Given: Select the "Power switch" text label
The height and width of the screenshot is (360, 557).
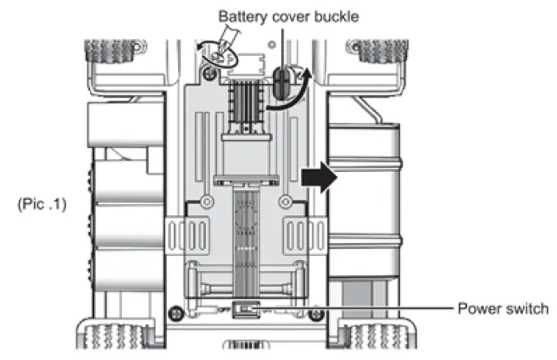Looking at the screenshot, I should click(503, 308).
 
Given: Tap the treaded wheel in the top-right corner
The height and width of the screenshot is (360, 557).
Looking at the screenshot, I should click(380, 52).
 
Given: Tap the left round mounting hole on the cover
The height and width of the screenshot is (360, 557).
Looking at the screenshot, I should click(206, 202).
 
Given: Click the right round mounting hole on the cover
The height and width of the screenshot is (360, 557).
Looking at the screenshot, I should click(286, 202).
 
